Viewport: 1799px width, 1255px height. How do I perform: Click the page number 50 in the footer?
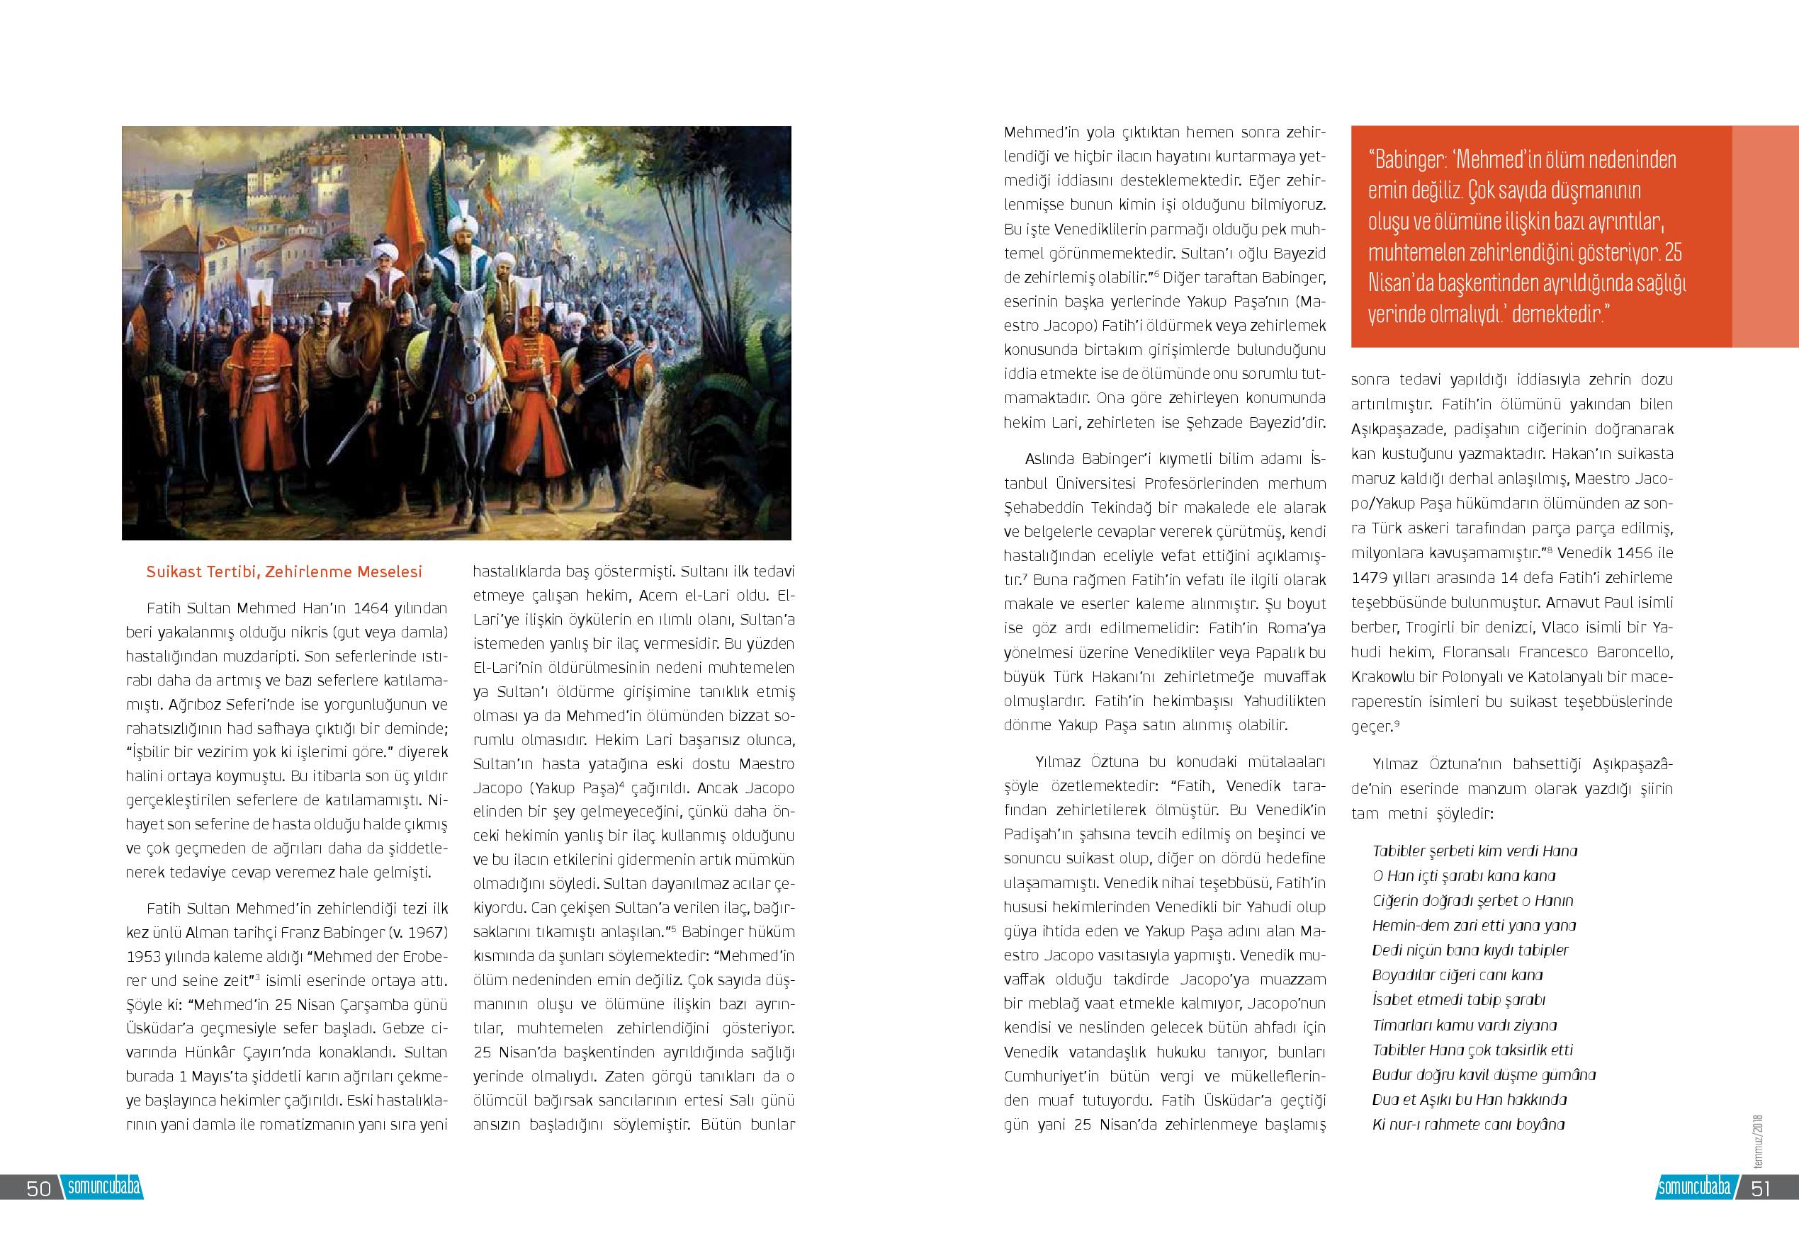coord(38,1188)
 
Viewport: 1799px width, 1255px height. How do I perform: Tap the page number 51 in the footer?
coord(1761,1188)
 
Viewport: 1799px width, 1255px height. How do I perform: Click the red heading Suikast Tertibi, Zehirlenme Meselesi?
coord(283,572)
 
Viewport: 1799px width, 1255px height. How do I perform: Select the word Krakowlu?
coord(1378,676)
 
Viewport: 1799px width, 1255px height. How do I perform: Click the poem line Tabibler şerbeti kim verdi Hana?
coord(1474,851)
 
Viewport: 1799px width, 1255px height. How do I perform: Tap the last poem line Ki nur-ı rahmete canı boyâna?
coord(1468,1125)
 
